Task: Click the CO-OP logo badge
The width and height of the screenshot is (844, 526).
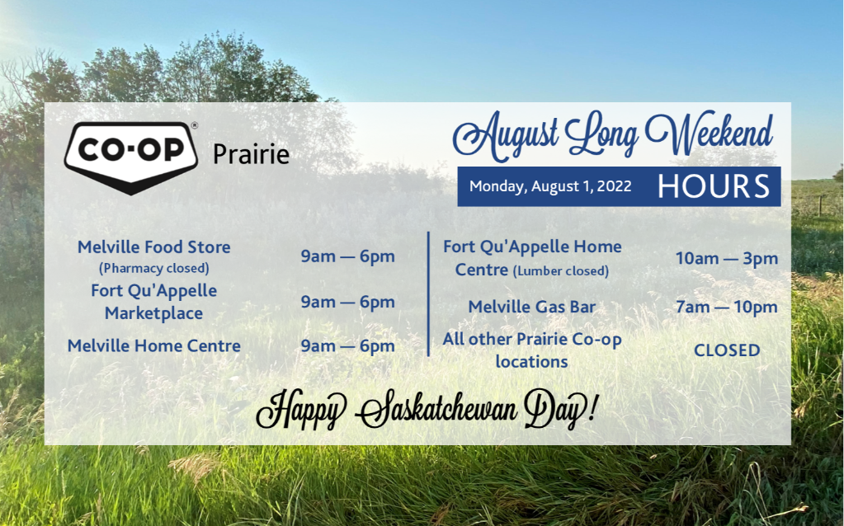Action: (x=131, y=157)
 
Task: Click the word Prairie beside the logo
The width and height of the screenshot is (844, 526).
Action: (x=252, y=154)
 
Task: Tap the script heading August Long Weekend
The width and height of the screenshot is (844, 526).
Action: (x=613, y=135)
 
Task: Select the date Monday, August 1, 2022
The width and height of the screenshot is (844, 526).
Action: (x=550, y=186)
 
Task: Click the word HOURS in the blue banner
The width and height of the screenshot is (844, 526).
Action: (x=714, y=186)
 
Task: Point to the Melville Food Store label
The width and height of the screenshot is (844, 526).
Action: (x=154, y=247)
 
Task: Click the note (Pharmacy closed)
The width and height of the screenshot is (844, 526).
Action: (x=154, y=268)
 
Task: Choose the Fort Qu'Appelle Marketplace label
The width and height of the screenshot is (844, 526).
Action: (x=154, y=302)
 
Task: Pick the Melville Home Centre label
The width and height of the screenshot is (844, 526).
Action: (x=154, y=345)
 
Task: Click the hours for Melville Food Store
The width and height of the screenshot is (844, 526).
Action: (x=347, y=256)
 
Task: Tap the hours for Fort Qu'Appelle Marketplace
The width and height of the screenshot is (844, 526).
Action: (x=347, y=303)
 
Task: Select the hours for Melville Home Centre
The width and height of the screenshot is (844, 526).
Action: (x=347, y=345)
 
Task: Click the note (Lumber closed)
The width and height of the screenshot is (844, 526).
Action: (x=561, y=270)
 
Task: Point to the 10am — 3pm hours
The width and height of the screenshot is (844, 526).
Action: (x=727, y=258)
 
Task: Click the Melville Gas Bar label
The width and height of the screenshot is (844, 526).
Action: (x=532, y=307)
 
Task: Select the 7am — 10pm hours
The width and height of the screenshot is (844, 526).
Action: (x=727, y=307)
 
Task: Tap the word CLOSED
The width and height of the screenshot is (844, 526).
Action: (x=727, y=350)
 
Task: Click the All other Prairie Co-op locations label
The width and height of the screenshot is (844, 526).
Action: (x=532, y=350)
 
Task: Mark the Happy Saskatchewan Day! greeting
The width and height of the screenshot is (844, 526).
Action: (x=427, y=410)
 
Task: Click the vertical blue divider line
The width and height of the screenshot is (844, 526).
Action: (x=428, y=294)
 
